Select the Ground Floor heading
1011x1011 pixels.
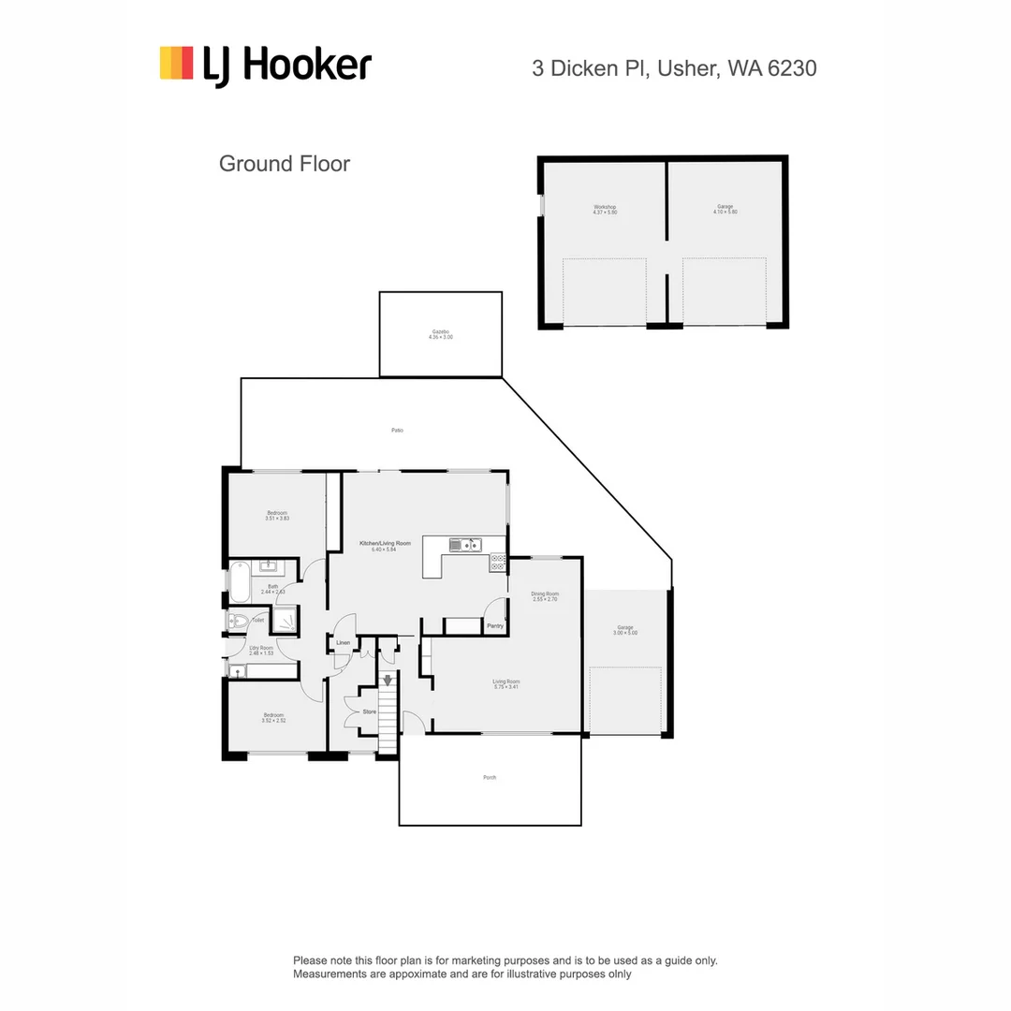[x=284, y=164]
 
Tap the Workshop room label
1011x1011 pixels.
[x=604, y=210]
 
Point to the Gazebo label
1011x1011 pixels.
[x=440, y=334]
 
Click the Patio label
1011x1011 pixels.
[x=397, y=431]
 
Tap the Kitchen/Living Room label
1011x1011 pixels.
[x=385, y=546]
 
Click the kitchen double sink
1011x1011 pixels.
[x=463, y=545]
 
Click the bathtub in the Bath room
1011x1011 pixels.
[x=239, y=581]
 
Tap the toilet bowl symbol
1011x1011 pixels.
[x=239, y=620]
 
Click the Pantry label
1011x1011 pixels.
[x=494, y=625]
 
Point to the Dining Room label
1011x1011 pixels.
[x=544, y=596]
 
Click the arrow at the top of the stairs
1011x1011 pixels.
[x=387, y=681]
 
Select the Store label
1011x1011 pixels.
[x=369, y=711]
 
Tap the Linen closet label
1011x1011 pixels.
[x=343, y=643]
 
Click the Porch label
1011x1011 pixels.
[x=489, y=778]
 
